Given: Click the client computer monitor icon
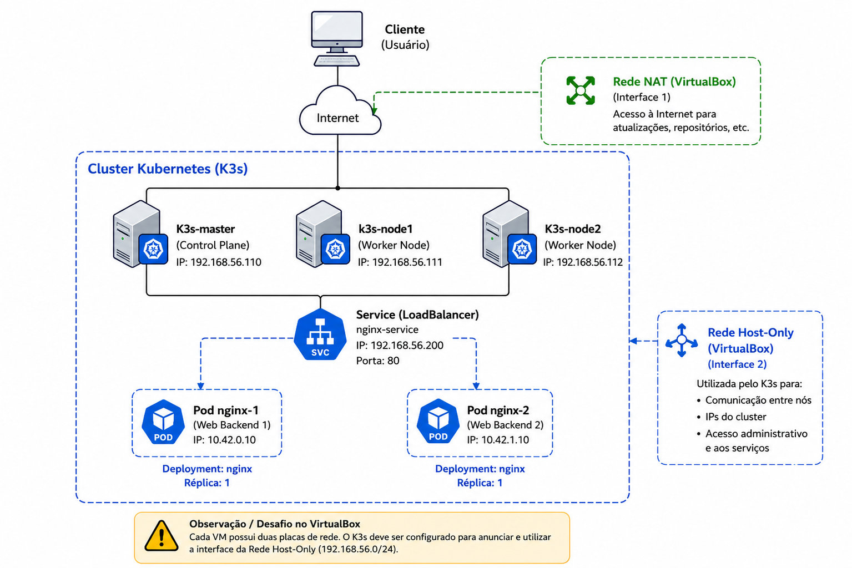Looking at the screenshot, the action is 336,38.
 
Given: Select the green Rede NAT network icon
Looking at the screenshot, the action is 581,90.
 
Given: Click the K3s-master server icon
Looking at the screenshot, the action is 140,234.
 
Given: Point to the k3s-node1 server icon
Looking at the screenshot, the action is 322,234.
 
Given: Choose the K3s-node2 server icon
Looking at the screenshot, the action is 510,234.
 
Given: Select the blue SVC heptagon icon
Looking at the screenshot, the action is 320,334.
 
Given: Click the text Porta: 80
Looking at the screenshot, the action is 377,361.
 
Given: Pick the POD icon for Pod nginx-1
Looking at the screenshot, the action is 163,422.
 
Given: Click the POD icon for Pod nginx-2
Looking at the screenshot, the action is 438,421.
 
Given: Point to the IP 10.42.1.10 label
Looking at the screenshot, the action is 498,440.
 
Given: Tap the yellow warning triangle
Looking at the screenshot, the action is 162,536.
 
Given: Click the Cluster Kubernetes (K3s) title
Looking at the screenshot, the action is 168,169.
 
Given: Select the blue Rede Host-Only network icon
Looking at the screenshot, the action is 682,340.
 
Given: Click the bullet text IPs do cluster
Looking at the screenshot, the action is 735,417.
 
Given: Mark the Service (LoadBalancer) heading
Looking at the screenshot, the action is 417,315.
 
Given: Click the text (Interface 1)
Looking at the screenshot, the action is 642,97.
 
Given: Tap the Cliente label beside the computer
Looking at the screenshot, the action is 405,29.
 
